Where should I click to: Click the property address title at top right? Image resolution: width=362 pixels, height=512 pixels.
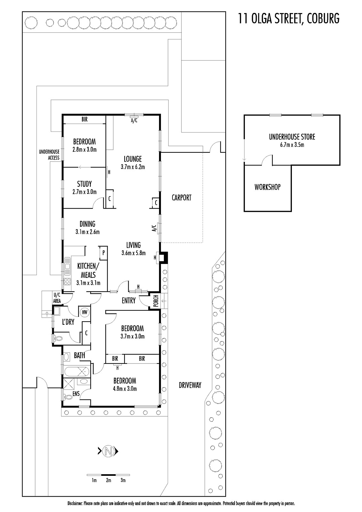point(289,19)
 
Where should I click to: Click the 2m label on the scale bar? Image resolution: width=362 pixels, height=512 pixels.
point(109,480)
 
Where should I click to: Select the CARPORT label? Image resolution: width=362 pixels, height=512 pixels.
point(181,198)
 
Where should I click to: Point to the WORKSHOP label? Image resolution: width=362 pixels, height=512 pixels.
point(268,187)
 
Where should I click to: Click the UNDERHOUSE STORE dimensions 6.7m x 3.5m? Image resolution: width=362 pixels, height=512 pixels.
point(292,145)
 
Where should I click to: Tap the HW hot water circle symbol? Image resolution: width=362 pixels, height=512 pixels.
point(84,312)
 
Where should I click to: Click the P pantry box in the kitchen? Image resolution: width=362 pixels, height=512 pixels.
point(103,253)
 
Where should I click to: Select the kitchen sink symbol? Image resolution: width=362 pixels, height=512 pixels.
point(68,267)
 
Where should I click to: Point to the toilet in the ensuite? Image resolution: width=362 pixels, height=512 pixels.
point(68,397)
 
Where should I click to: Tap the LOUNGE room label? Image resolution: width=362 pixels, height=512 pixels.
point(133,159)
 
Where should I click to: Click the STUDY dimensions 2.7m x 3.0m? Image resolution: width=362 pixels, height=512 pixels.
point(84,192)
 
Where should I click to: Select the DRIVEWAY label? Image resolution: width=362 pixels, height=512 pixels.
point(190,385)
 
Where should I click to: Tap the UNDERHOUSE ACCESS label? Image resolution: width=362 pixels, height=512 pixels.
point(49,155)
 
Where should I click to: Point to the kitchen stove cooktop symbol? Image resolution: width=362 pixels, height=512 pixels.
point(68,282)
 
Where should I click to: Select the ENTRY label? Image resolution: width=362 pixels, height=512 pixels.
point(129,300)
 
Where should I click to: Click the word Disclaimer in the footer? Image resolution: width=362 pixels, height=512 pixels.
point(75,504)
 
